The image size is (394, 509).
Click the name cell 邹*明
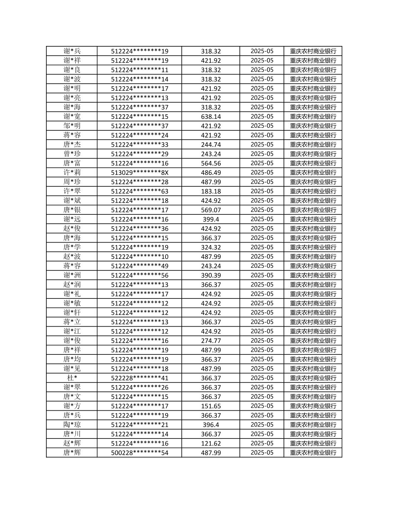pos(72,126)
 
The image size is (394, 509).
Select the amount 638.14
pos(211,116)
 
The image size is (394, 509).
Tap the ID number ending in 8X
pos(139,172)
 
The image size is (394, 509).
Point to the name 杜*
pos(72,378)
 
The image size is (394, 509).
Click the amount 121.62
pos(211,443)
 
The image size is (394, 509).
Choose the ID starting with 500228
pos(139,453)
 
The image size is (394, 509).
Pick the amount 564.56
pos(211,163)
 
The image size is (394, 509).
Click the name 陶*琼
pos(72,425)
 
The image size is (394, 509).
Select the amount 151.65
pos(211,406)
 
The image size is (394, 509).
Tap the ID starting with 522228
pos(139,378)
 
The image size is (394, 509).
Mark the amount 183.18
pos(211,191)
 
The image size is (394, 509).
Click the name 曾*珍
pos(72,154)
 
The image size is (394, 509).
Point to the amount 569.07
pos(211,210)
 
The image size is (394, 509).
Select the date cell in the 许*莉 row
pos(262,172)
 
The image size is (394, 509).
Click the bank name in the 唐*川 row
pos(313,434)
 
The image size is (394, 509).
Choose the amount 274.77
pos(211,341)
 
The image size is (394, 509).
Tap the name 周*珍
pos(72,182)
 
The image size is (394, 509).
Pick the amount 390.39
pos(211,275)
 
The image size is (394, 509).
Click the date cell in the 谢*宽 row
pos(262,116)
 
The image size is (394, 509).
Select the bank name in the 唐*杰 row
pos(313,145)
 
